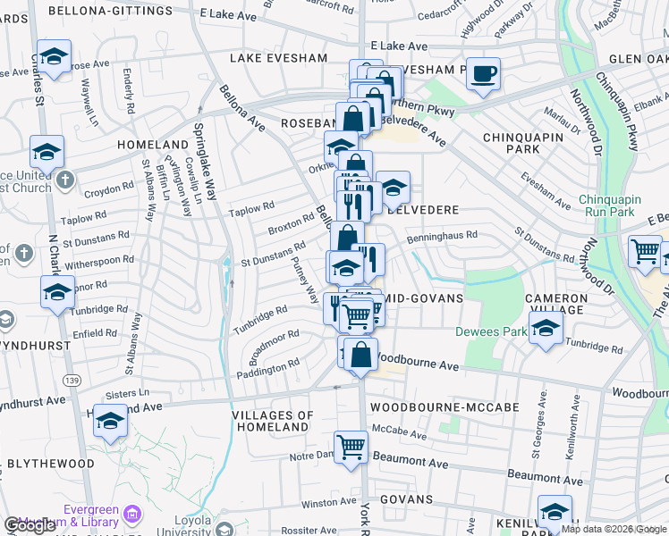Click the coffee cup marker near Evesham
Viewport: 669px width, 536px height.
coord(483,75)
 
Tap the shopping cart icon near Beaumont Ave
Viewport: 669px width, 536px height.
coord(351,447)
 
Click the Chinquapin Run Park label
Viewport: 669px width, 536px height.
coord(618,205)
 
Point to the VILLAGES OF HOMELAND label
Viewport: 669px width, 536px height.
coord(273,421)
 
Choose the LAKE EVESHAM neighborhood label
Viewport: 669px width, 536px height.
coord(278,58)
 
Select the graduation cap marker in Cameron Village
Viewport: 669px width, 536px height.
coord(546,328)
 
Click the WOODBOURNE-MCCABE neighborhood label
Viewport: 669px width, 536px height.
coord(444,406)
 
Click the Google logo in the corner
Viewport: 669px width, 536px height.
coord(30,525)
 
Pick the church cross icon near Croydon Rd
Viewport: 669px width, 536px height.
coord(64,180)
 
